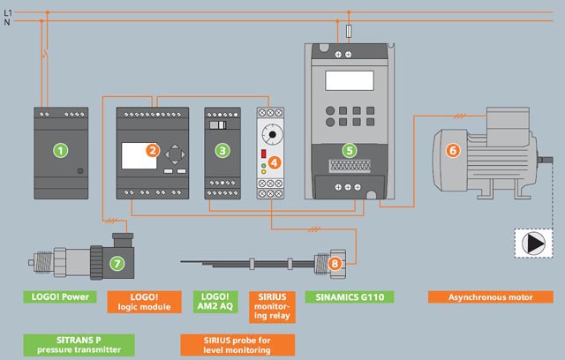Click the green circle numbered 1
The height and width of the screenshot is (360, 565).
(61, 150)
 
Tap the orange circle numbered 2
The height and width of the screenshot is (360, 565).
(153, 151)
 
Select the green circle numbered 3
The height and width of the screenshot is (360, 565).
(222, 151)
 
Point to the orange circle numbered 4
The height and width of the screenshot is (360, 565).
(275, 162)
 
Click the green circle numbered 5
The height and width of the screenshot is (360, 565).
(349, 151)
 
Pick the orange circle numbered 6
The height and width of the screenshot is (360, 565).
(453, 150)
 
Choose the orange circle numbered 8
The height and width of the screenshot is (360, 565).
(334, 263)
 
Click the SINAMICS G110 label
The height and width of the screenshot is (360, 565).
(350, 296)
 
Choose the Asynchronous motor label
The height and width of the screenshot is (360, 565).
(485, 296)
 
